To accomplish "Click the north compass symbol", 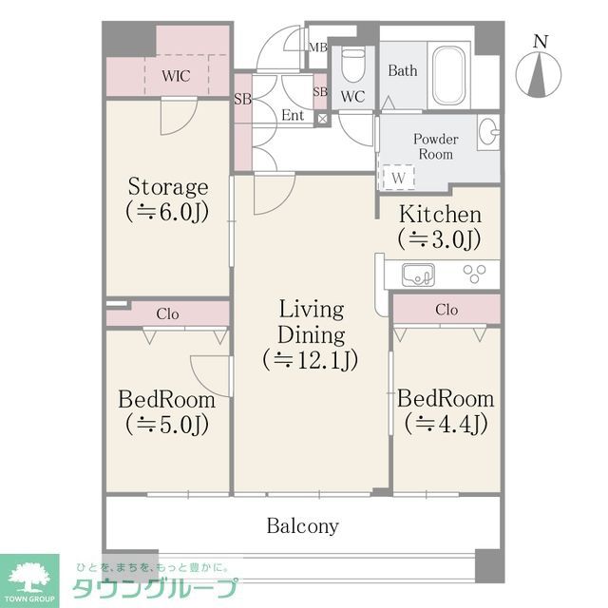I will (x=539, y=72).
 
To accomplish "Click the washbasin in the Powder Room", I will (x=488, y=133).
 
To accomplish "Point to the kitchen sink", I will (x=418, y=275).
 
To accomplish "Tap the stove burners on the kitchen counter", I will (x=473, y=274).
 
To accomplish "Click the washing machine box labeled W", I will (x=397, y=177).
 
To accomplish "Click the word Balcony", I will (x=302, y=525).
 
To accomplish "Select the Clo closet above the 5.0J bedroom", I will (x=167, y=313).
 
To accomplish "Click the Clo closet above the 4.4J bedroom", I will (x=446, y=310).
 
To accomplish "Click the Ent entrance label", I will (x=293, y=115).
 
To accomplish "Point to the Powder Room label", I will (x=435, y=146).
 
